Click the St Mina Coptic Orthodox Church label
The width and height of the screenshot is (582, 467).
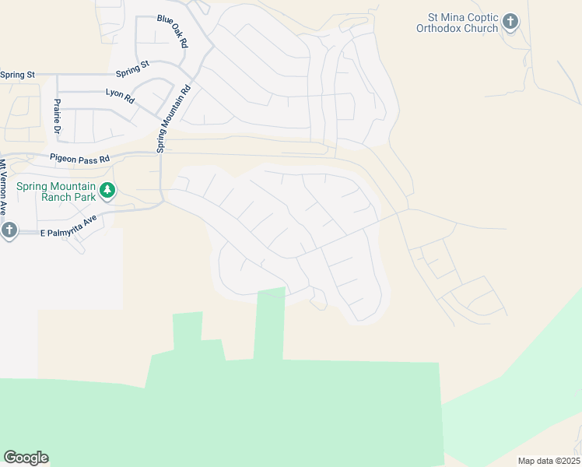coord(462,23)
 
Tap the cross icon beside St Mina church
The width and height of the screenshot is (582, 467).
coord(510,22)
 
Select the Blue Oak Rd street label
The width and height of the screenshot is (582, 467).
coord(173,31)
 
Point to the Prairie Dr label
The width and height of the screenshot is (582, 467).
coord(57,115)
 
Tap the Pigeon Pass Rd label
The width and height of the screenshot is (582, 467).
coord(80,158)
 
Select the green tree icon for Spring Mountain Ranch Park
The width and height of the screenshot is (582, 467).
coord(107,189)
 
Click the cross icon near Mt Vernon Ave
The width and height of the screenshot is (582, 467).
coord(9,230)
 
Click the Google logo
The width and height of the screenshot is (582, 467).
coord(26,458)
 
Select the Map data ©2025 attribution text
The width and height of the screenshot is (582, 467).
coord(549,461)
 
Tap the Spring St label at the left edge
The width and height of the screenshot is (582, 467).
coord(17,75)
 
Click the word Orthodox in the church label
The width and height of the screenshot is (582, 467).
coord(446,29)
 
